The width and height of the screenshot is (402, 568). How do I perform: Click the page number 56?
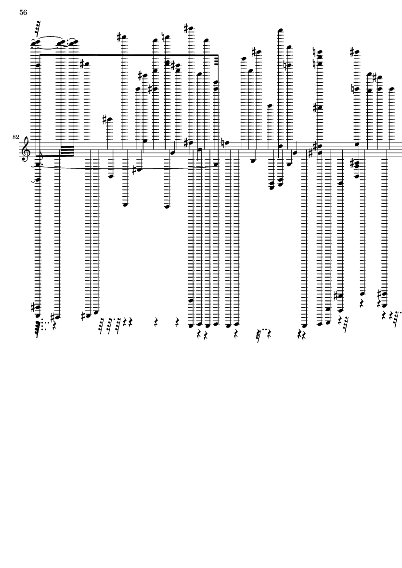tap(23, 13)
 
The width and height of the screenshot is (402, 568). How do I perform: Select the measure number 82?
tap(15, 137)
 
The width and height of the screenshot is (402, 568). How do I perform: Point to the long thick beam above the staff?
tap(129, 55)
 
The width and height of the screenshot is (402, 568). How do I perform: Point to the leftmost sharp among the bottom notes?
tap(34, 307)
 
